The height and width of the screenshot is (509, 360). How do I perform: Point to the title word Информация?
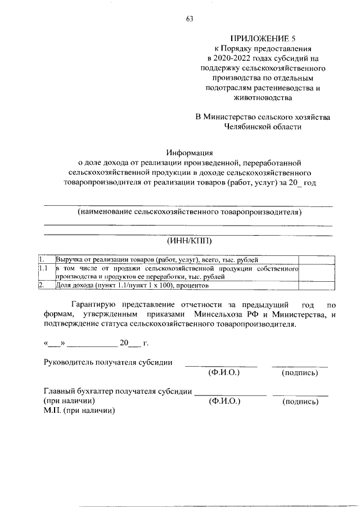point(189,152)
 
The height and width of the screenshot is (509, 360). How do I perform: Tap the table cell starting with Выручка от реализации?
point(157,259)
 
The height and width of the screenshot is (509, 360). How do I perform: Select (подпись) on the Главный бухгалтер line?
point(300,402)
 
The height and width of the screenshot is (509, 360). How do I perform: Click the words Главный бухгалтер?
point(76,391)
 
